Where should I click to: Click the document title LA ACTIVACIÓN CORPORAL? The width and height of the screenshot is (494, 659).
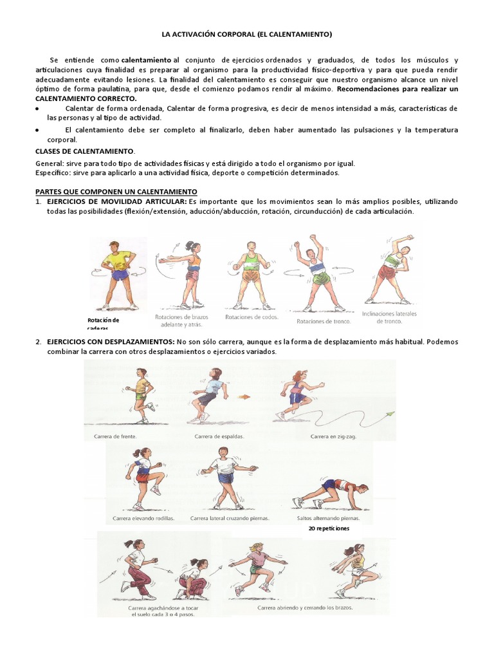point(246,33)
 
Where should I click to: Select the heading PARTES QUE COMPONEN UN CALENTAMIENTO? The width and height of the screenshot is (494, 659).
point(116,192)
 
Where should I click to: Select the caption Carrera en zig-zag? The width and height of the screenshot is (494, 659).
point(333,436)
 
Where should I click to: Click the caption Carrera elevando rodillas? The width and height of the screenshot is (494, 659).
point(143,518)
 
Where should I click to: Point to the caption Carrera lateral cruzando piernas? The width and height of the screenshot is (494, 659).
point(230,518)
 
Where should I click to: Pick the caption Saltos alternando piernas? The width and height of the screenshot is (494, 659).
point(324,518)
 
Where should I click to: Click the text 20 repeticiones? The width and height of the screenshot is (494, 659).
point(329,528)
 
